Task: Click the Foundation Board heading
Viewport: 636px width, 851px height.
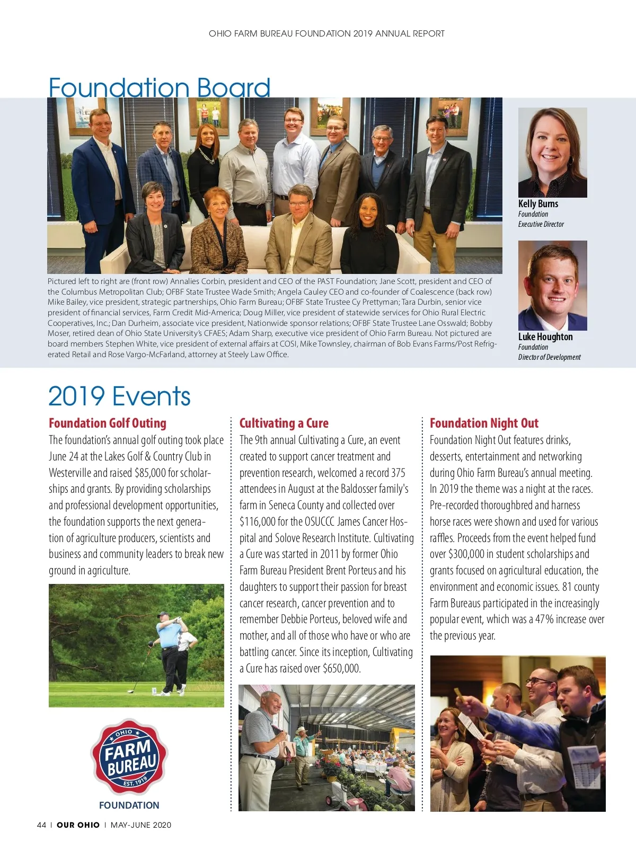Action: click(x=159, y=87)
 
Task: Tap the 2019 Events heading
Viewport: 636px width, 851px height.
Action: click(x=119, y=396)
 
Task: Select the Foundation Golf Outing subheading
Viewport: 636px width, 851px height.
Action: click(x=108, y=423)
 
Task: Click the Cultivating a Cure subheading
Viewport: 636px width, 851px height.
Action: click(x=284, y=423)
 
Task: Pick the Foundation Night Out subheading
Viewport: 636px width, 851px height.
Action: click(x=484, y=423)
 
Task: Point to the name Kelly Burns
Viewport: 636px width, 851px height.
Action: click(x=538, y=203)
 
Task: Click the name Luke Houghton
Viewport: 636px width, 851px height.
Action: click(x=545, y=336)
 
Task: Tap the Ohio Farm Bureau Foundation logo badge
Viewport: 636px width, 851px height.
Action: click(x=129, y=757)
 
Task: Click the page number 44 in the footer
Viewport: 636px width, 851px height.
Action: click(x=41, y=825)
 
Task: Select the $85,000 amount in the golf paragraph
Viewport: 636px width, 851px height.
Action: click(x=151, y=473)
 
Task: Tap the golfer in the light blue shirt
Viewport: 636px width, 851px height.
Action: click(x=171, y=649)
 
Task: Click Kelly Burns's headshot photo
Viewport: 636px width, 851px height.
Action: click(x=552, y=153)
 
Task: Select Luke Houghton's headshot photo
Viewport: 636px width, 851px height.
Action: click(x=552, y=286)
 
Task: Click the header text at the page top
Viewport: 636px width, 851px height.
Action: click(x=326, y=33)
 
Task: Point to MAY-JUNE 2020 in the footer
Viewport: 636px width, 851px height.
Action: click(x=141, y=825)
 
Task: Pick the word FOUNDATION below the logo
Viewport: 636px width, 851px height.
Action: click(x=129, y=805)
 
